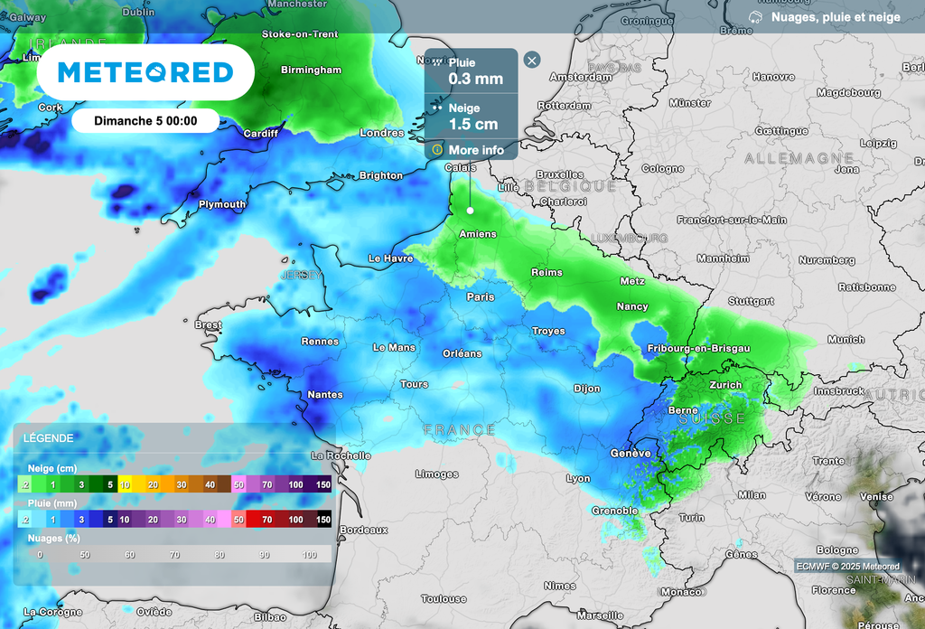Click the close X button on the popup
tap(532, 61)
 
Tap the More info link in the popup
tap(475, 150)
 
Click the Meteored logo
tap(145, 72)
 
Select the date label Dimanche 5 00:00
tap(145, 120)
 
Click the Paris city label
tap(480, 296)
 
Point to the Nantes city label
tap(324, 394)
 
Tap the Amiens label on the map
tap(477, 234)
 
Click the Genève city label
tap(630, 453)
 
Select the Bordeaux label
tap(365, 530)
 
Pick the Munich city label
tap(846, 340)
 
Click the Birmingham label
tap(311, 70)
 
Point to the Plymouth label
tap(221, 204)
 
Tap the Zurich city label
tap(725, 384)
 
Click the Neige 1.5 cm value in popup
tap(473, 124)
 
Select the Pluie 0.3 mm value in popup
tap(475, 79)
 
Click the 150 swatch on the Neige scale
tap(322, 485)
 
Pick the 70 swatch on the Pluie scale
tap(267, 520)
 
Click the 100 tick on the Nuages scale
tap(310, 554)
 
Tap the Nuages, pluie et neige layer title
tap(835, 17)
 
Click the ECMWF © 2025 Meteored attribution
tap(847, 567)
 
